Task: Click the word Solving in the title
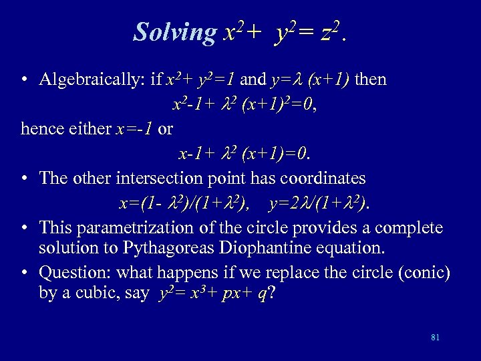coord(175,32)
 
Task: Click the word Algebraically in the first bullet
coord(92,80)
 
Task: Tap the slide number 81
coord(436,338)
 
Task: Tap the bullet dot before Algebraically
coord(23,80)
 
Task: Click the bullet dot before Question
coord(23,273)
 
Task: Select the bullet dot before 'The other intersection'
coord(23,178)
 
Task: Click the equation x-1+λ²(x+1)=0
coord(245,154)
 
